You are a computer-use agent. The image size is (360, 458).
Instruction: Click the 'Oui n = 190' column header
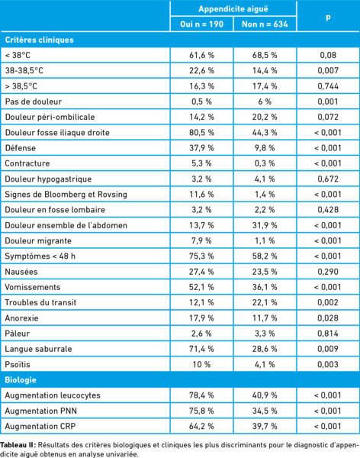(202, 24)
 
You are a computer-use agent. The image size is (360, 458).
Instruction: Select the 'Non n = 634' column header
(265, 24)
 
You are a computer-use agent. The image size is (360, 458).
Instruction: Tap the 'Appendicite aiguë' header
(233, 8)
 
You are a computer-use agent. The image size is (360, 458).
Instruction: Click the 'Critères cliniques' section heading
(39, 40)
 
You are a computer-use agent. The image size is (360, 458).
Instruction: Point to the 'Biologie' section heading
(21, 379)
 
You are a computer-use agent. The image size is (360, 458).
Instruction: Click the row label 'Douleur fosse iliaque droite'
(57, 133)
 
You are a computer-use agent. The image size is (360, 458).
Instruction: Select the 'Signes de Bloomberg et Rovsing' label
(66, 195)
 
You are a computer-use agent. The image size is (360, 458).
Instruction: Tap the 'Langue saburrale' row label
(38, 349)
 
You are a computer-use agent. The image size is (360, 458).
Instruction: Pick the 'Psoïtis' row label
(18, 364)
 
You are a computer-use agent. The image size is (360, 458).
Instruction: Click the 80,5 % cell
(201, 133)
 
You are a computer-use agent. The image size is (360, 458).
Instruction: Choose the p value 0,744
(328, 86)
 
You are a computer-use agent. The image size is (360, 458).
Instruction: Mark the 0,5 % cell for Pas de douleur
(201, 102)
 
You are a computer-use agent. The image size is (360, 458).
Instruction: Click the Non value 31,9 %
(265, 225)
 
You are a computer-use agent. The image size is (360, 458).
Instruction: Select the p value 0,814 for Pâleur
(328, 334)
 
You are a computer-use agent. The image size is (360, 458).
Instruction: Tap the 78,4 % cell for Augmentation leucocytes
(201, 395)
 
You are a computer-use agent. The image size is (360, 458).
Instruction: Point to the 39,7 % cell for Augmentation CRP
(265, 426)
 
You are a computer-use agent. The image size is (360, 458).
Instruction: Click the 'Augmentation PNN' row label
(41, 411)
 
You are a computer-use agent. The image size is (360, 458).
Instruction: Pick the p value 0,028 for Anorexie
(328, 318)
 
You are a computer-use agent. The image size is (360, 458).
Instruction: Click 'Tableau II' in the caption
(18, 445)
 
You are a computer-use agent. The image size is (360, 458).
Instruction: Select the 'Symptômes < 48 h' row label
(40, 256)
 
